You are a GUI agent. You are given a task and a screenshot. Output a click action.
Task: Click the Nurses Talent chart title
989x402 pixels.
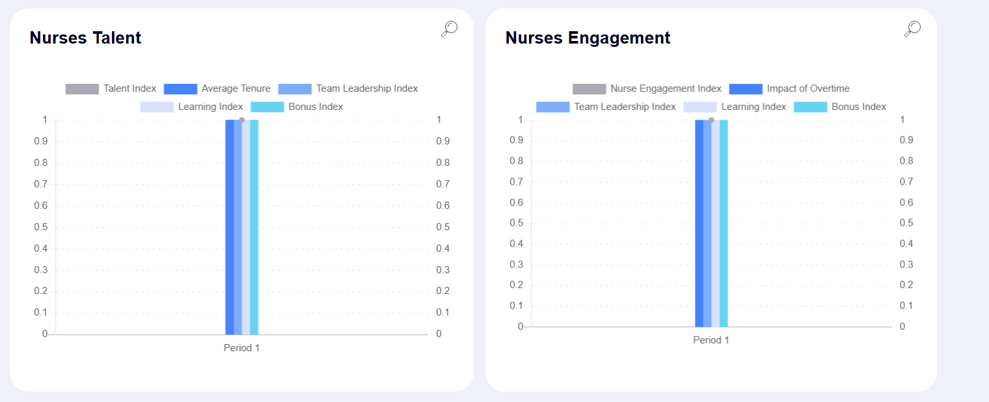pyautogui.click(x=85, y=38)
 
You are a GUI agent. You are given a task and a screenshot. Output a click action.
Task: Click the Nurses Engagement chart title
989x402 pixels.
pyautogui.click(x=588, y=38)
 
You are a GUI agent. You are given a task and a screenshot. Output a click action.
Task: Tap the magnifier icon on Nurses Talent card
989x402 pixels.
pyautogui.click(x=450, y=29)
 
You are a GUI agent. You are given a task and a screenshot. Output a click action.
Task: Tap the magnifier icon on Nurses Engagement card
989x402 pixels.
pyautogui.click(x=913, y=29)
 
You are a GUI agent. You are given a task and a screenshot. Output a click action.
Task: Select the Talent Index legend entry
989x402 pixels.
pyautogui.click(x=111, y=88)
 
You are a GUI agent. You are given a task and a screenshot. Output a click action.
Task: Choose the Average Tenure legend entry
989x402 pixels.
pyautogui.click(x=217, y=88)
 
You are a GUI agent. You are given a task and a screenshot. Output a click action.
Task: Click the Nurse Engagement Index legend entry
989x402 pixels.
pyautogui.click(x=647, y=88)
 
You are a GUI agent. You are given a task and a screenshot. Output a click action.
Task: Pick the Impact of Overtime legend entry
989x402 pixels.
pyautogui.click(x=789, y=88)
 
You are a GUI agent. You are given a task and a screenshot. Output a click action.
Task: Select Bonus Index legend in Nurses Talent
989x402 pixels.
pyautogui.click(x=297, y=107)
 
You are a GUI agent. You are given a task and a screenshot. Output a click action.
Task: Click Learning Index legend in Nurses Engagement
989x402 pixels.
pyautogui.click(x=735, y=107)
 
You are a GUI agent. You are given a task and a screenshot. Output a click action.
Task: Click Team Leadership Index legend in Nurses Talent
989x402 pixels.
pyautogui.click(x=348, y=88)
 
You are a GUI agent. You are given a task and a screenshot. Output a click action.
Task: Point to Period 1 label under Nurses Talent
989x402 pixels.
pyautogui.click(x=241, y=348)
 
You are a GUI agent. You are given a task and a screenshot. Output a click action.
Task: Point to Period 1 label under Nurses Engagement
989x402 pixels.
pyautogui.click(x=711, y=340)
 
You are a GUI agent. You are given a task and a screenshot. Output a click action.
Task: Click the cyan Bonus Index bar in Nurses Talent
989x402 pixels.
pyautogui.click(x=254, y=228)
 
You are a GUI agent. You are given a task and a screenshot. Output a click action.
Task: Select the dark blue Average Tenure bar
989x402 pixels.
pyautogui.click(x=230, y=228)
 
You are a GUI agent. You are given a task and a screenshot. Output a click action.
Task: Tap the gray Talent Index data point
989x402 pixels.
pyautogui.click(x=242, y=120)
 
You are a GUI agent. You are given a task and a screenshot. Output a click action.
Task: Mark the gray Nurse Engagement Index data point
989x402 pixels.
pyautogui.click(x=711, y=120)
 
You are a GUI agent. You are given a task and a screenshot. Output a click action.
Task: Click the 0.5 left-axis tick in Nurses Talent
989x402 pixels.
pyautogui.click(x=40, y=227)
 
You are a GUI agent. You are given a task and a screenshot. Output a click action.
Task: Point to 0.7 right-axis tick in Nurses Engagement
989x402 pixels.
pyautogui.click(x=906, y=181)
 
